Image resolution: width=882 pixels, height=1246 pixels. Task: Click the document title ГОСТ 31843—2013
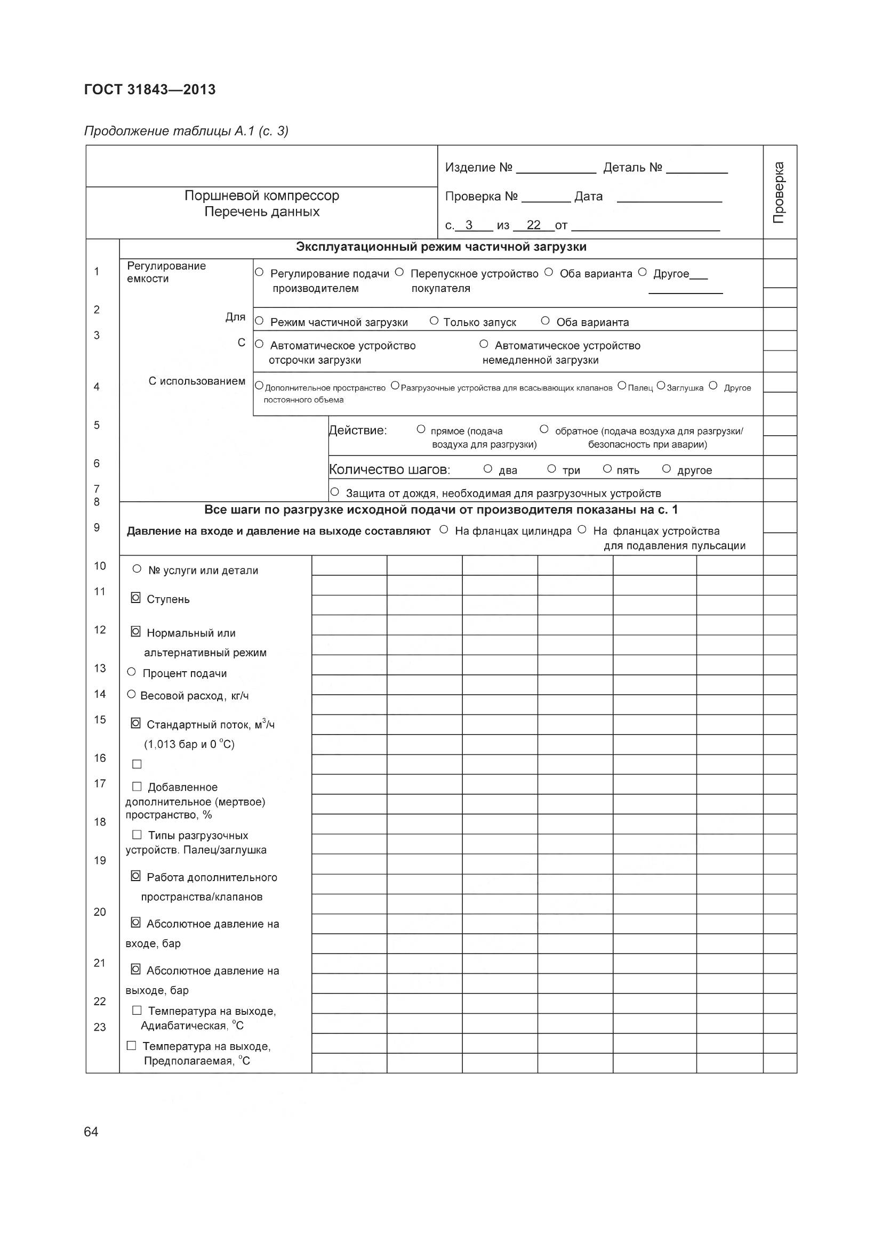click(150, 89)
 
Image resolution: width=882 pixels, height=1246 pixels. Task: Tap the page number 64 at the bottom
click(91, 1131)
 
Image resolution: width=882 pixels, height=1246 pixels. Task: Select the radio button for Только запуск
click(434, 321)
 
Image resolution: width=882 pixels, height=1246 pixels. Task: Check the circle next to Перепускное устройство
click(399, 272)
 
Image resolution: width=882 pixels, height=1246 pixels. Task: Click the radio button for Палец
click(621, 386)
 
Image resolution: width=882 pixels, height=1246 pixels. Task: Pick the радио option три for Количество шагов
click(551, 468)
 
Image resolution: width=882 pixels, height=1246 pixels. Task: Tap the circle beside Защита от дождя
click(335, 492)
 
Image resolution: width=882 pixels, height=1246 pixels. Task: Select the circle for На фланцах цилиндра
click(444, 530)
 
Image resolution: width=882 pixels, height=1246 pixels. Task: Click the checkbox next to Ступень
click(136, 598)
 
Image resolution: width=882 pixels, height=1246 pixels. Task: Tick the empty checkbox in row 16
click(137, 764)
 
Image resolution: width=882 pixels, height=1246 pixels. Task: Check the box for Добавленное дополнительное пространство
click(137, 786)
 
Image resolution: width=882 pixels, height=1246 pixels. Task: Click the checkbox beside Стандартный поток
click(136, 723)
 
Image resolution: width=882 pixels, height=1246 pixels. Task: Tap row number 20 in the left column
click(100, 912)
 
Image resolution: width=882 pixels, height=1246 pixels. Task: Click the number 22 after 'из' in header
click(533, 225)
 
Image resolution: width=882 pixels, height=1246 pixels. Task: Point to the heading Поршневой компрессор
click(262, 196)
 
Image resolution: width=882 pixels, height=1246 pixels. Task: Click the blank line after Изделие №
click(556, 168)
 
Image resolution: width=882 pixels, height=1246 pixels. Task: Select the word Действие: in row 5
click(358, 430)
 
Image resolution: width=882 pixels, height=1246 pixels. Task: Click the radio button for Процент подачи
click(131, 672)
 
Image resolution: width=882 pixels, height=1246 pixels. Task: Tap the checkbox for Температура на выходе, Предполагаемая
click(131, 1045)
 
